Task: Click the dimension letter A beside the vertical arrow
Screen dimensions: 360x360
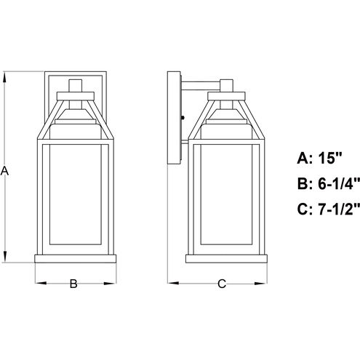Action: pyautogui.click(x=4, y=171)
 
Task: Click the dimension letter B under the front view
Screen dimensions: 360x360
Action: pyautogui.click(x=73, y=284)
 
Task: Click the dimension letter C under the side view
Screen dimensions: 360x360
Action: pyautogui.click(x=222, y=284)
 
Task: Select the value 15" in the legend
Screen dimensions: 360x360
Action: pyautogui.click(x=329, y=158)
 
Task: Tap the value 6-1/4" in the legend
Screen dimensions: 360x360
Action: pyautogui.click(x=339, y=183)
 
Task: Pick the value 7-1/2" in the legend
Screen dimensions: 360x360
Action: pyautogui.click(x=339, y=209)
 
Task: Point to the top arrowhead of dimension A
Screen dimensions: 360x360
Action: pyautogui.click(x=5, y=78)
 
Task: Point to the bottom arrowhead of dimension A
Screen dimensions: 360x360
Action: pyautogui.click(x=5, y=256)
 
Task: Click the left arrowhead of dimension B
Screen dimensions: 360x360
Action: pyautogui.click(x=41, y=283)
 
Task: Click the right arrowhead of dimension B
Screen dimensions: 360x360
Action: pyautogui.click(x=111, y=283)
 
